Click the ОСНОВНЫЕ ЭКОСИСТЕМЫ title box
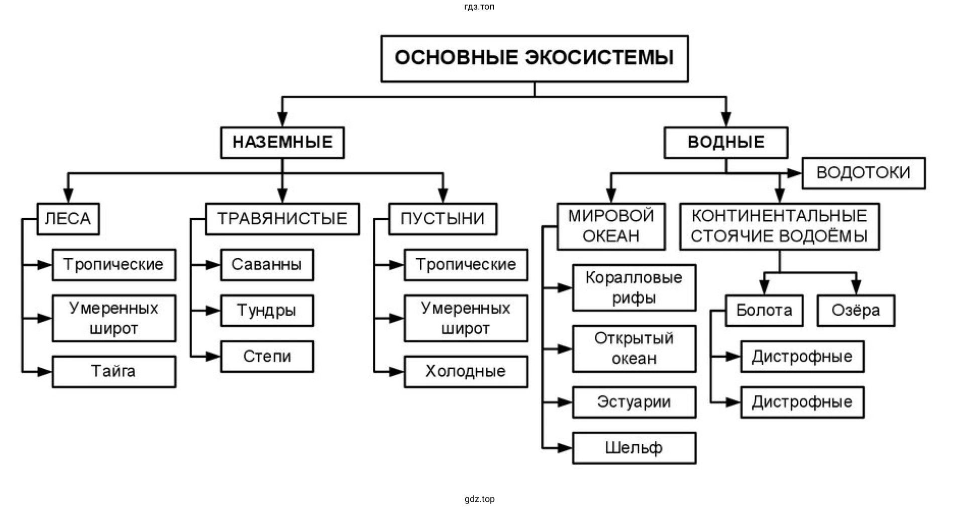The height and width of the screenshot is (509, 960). (x=534, y=58)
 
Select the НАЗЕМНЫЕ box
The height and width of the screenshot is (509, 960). (x=282, y=143)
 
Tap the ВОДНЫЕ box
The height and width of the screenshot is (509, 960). (x=725, y=143)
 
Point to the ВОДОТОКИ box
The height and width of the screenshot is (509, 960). (x=863, y=173)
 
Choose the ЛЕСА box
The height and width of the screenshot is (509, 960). (x=68, y=219)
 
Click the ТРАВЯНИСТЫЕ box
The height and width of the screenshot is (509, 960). (x=282, y=219)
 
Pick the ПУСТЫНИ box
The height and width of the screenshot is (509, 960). (x=443, y=219)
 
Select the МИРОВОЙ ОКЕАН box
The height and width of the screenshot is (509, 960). (x=611, y=226)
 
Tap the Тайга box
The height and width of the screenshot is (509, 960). (x=114, y=371)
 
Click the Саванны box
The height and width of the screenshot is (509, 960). (x=267, y=265)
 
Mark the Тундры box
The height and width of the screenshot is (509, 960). (x=267, y=311)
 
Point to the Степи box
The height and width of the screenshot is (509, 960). (x=267, y=356)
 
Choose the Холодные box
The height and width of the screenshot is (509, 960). (x=466, y=371)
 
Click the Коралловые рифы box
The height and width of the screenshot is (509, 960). (x=634, y=288)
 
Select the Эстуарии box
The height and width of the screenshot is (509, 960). (x=634, y=402)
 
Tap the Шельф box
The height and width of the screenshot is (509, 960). (x=634, y=448)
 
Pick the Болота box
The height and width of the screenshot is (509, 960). (x=764, y=311)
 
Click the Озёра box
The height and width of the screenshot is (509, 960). (x=856, y=311)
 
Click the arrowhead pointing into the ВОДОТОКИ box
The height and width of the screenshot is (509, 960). (x=795, y=173)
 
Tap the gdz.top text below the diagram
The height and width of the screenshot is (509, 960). (x=480, y=499)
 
